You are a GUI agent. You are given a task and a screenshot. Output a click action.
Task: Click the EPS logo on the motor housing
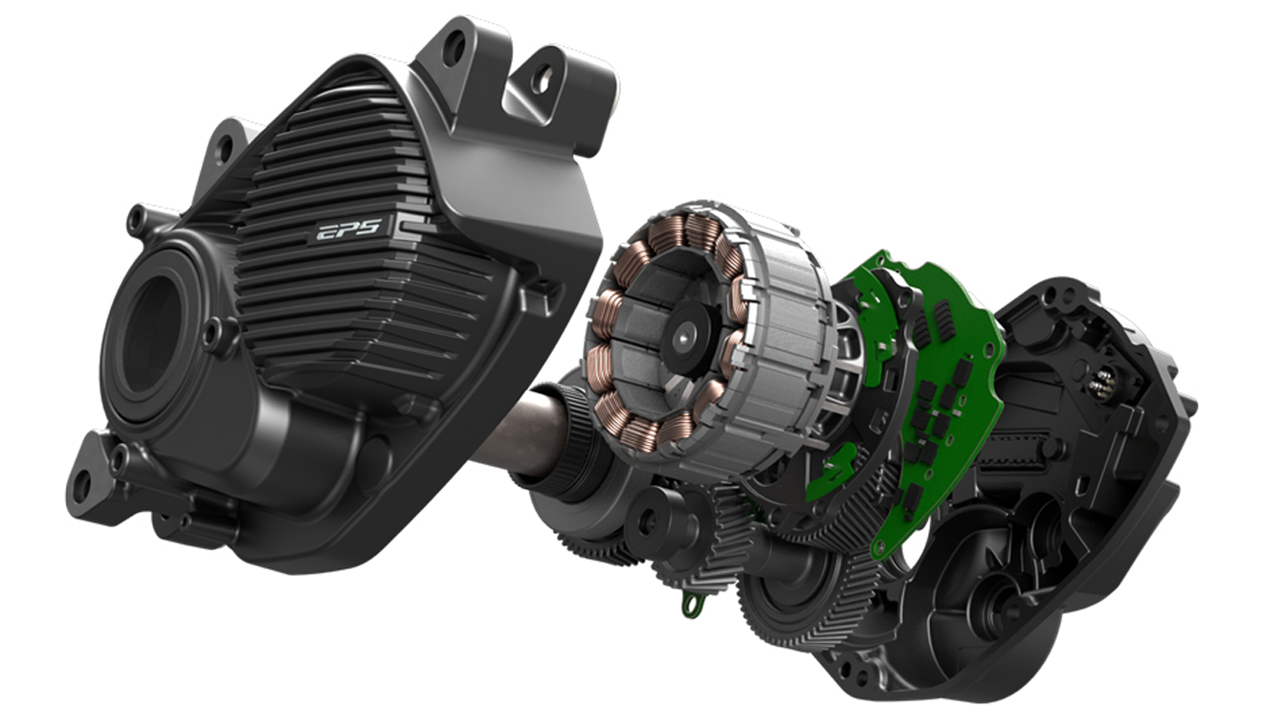(348, 230)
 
